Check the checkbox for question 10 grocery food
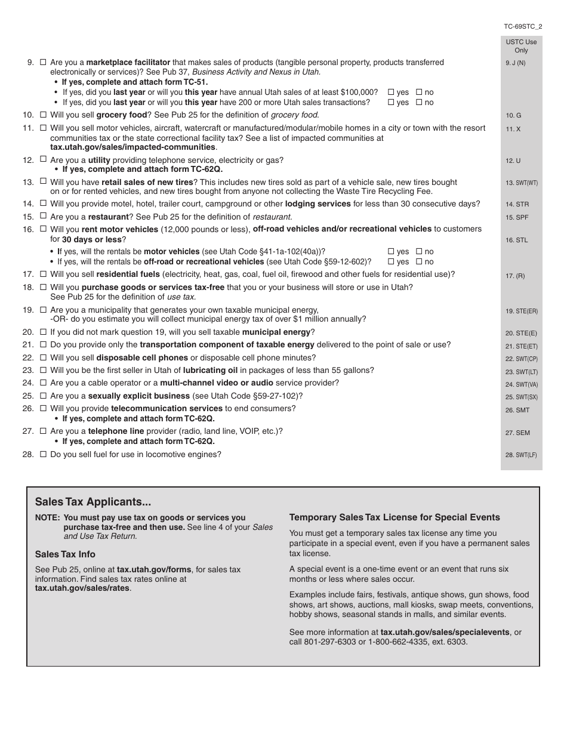[x=42, y=115]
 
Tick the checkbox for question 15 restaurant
[x=42, y=217]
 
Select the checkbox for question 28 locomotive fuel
[x=42, y=454]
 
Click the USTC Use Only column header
[x=521, y=46]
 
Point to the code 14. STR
[x=517, y=204]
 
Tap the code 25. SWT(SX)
[x=521, y=397]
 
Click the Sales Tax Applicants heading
[x=93, y=502]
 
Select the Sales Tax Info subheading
[x=65, y=554]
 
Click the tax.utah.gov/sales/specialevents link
[x=445, y=632]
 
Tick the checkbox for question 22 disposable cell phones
[x=42, y=357]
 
